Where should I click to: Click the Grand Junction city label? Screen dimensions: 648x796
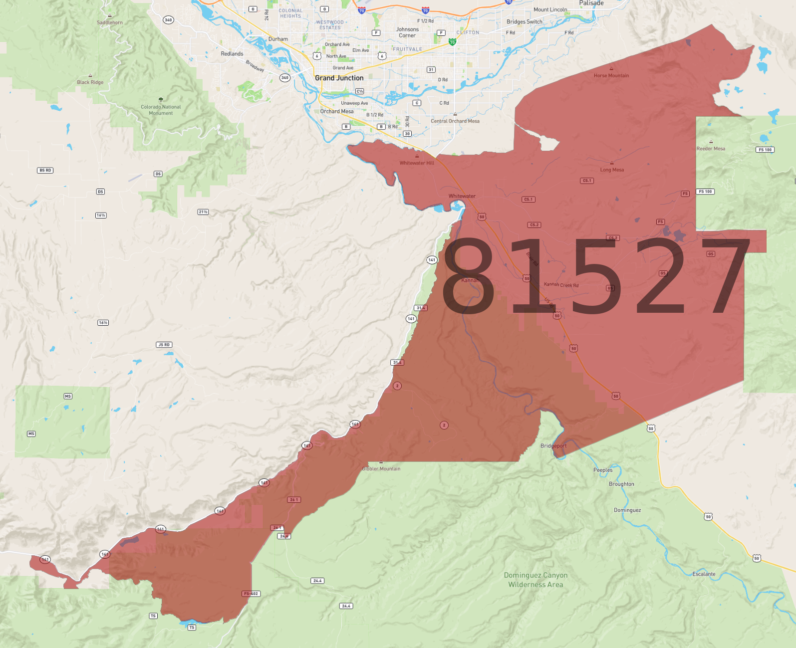click(x=339, y=78)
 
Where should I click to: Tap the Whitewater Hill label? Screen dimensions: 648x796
click(x=417, y=163)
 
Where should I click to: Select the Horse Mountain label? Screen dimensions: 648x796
click(x=611, y=76)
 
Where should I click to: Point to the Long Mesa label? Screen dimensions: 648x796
click(x=612, y=170)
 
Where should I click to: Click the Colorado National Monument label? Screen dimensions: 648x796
click(x=161, y=110)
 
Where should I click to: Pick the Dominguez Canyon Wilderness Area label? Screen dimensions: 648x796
click(x=535, y=580)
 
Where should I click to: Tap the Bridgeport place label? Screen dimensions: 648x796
click(x=553, y=446)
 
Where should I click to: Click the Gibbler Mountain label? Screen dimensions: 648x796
click(x=381, y=469)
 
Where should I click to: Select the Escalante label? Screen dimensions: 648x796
click(x=704, y=574)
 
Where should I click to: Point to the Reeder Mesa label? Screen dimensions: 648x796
click(x=711, y=149)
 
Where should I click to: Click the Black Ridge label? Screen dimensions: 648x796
click(x=90, y=82)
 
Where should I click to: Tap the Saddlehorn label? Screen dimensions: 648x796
click(x=110, y=22)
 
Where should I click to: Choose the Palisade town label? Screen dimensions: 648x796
click(x=591, y=3)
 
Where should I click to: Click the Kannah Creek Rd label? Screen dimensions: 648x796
click(x=561, y=285)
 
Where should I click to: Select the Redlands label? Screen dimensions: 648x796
click(x=232, y=54)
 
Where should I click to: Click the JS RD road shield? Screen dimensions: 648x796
click(x=164, y=345)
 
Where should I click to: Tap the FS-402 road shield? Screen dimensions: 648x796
click(x=251, y=594)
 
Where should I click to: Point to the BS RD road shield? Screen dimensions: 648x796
click(x=45, y=171)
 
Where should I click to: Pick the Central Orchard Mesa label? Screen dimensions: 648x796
click(x=455, y=121)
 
